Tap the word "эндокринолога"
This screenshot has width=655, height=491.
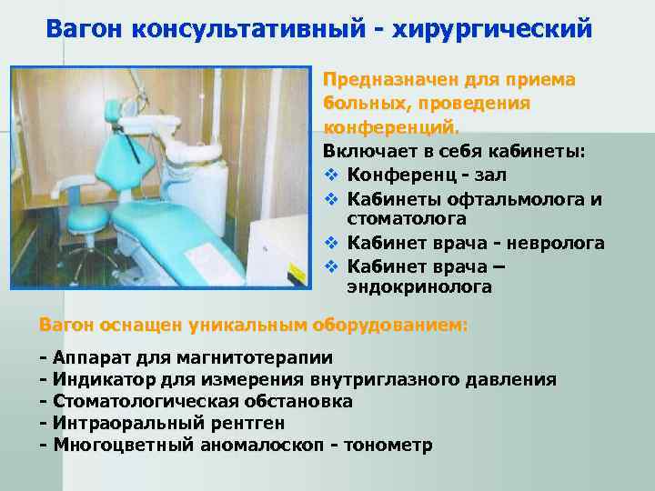coord(419,287)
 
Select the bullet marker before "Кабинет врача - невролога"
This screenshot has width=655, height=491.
coord(330,244)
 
